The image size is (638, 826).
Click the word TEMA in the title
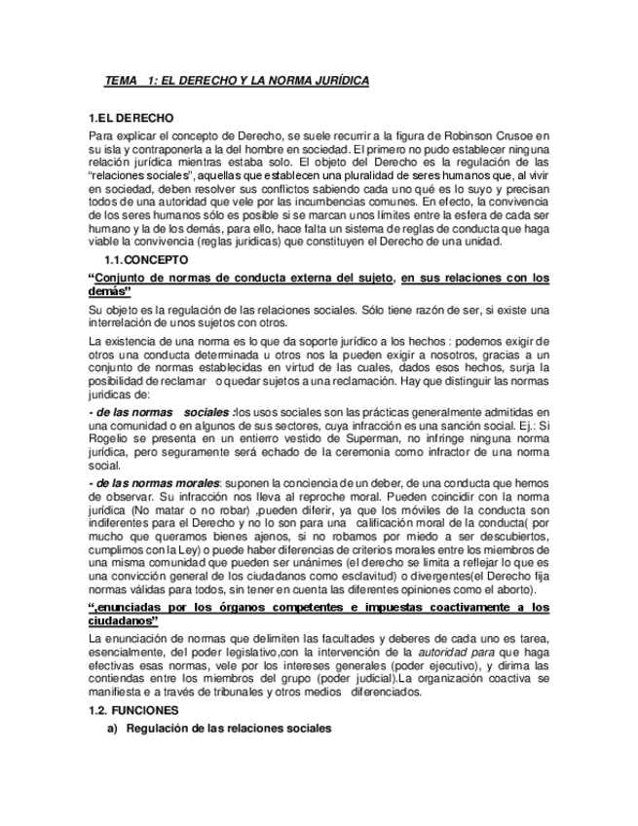point(122,81)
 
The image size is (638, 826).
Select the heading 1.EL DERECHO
point(131,118)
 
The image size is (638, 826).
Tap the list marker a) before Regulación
point(111,729)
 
